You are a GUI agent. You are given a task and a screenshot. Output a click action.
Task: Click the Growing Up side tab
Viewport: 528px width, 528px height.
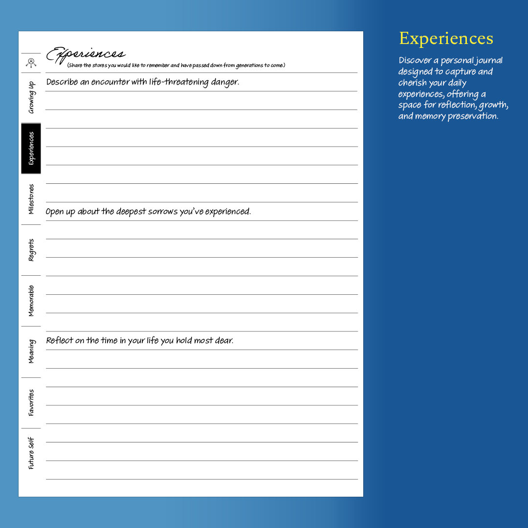tap(31, 97)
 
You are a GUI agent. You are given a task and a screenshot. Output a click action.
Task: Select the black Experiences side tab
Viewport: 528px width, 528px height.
tap(31, 148)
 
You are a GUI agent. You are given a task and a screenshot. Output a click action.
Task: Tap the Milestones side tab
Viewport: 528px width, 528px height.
tap(31, 199)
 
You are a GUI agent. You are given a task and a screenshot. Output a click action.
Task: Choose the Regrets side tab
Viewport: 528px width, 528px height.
tap(31, 250)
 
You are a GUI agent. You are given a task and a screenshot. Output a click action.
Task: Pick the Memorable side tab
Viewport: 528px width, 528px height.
tap(31, 301)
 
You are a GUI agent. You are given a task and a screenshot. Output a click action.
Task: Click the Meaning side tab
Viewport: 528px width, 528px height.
tap(31, 352)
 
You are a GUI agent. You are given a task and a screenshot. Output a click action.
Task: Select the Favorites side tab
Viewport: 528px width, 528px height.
tap(31, 402)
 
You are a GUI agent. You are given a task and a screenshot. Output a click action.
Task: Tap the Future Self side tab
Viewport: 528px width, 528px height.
tap(31, 453)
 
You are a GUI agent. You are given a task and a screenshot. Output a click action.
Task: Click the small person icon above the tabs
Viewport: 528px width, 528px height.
tap(31, 63)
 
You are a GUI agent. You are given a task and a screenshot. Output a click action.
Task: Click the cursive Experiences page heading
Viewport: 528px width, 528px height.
tap(86, 54)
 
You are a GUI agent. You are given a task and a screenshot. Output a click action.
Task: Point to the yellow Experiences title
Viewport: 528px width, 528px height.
tap(446, 39)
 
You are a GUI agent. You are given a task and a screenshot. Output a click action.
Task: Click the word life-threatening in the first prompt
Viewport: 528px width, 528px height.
tap(178, 82)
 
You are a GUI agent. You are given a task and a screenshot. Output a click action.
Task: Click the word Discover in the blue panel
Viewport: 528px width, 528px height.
tap(415, 61)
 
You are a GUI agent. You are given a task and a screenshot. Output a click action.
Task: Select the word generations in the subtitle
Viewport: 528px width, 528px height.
tap(249, 66)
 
